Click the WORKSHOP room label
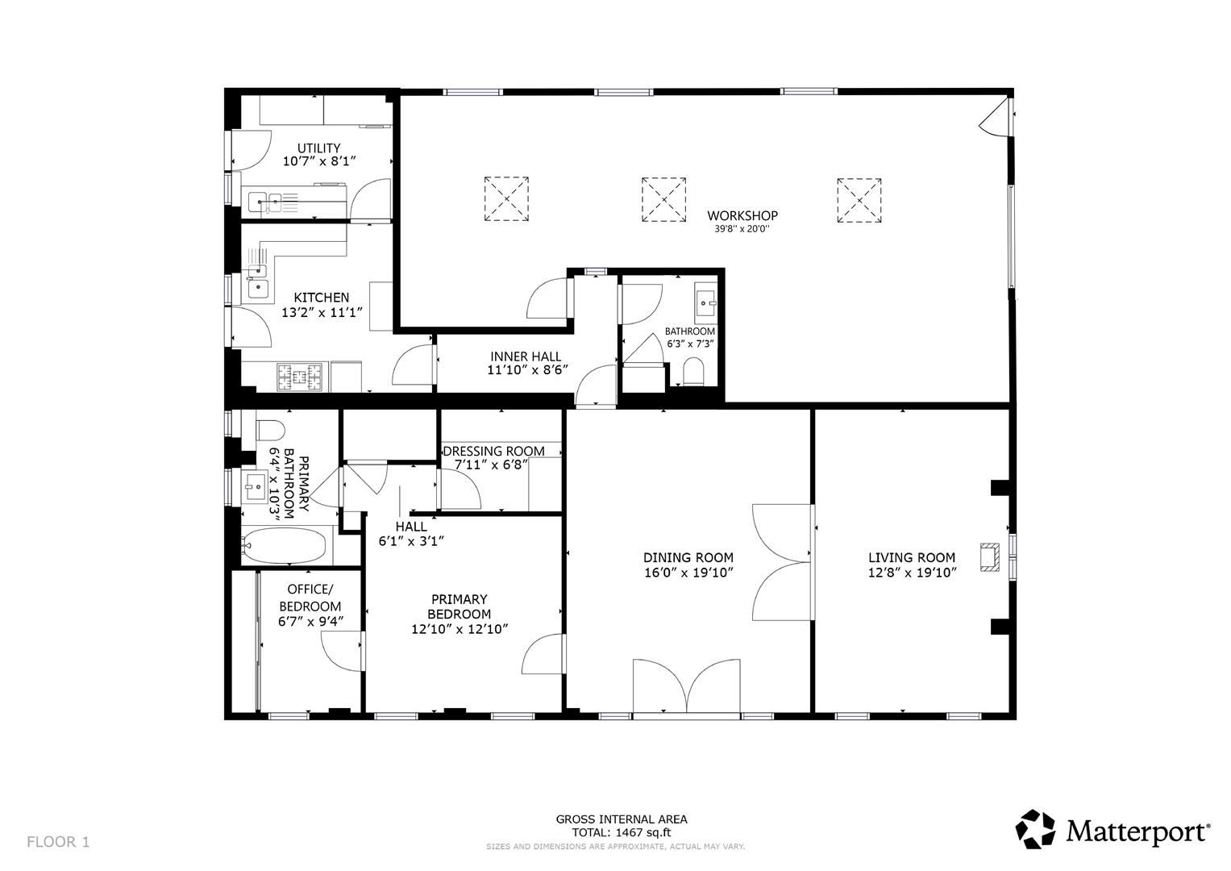click(x=742, y=215)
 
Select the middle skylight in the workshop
click(x=664, y=199)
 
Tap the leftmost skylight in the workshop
click(x=506, y=199)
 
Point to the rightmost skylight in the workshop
click(x=859, y=199)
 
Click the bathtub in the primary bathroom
click(x=286, y=547)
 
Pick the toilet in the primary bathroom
click(x=268, y=427)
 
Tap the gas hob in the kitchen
click(x=301, y=375)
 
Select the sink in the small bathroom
click(x=705, y=305)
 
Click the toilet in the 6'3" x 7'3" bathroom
click(x=693, y=372)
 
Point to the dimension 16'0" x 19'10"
click(x=688, y=573)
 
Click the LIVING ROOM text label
click(x=911, y=557)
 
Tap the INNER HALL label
click(x=526, y=356)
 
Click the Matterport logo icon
click(x=1034, y=829)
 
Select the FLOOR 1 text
click(x=58, y=842)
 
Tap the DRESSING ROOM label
click(x=493, y=451)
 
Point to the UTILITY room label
click(x=318, y=148)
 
